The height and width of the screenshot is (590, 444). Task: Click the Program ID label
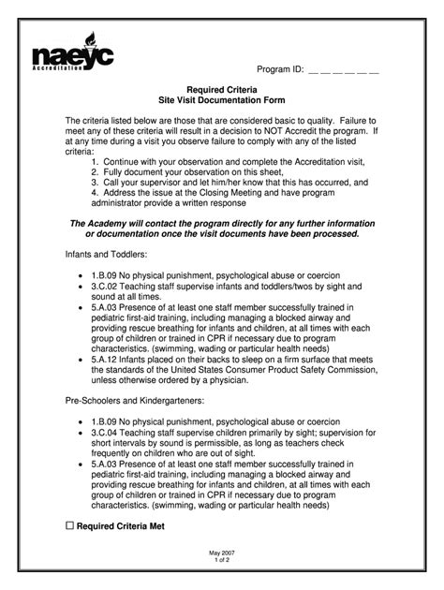pyautogui.click(x=279, y=70)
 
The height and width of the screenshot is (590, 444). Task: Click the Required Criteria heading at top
pyautogui.click(x=222, y=88)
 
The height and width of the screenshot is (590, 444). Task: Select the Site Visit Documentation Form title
pyautogui.click(x=222, y=99)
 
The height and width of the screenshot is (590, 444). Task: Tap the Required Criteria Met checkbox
pyautogui.click(x=69, y=527)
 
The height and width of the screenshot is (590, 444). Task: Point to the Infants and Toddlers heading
pyautogui.click(x=105, y=255)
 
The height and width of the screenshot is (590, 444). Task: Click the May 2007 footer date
pyautogui.click(x=221, y=555)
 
